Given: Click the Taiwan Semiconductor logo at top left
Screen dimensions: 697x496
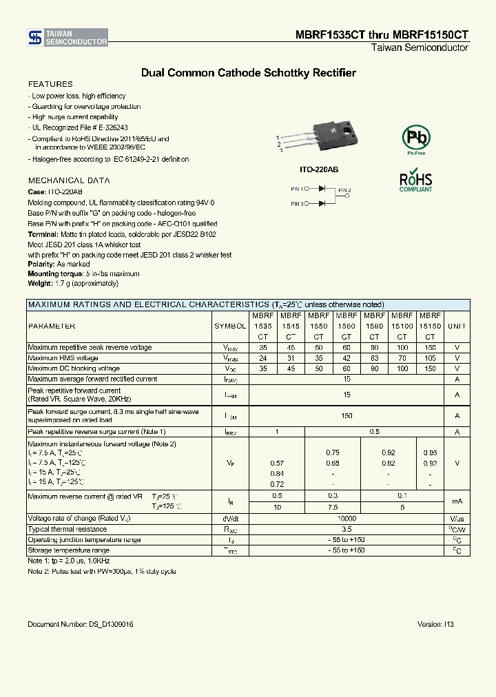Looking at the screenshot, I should coord(68,38).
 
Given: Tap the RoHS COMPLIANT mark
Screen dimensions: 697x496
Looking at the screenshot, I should coord(416,181).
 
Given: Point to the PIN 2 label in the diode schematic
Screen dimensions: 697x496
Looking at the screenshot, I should coord(344,190).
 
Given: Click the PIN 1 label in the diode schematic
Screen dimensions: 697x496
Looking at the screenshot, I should coord(298,188).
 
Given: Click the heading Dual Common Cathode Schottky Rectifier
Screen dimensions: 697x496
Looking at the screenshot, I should coord(248,72).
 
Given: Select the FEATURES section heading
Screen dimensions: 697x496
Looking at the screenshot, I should coord(50,84).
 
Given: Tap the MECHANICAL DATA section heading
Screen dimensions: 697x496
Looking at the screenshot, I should coord(68,180).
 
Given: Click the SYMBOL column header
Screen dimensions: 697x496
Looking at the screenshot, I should coord(230,326).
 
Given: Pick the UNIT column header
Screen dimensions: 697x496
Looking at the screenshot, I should coord(457,326).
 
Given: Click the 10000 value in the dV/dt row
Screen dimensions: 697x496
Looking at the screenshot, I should coord(347,518).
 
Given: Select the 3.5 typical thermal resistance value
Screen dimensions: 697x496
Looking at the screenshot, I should coord(347,529).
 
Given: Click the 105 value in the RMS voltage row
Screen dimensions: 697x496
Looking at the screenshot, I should coord(430,358).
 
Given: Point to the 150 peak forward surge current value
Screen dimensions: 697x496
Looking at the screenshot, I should coord(347,416).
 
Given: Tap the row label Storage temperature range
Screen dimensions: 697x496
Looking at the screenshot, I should coord(68,550).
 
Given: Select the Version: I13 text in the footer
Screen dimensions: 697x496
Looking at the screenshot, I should coord(435,624).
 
